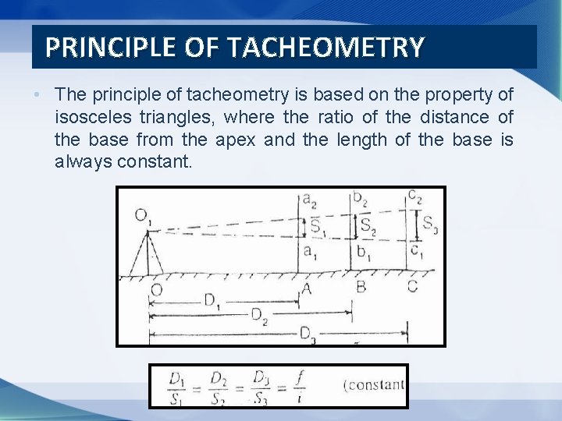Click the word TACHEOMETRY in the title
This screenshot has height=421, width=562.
[327, 48]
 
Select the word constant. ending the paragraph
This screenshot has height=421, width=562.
[154, 162]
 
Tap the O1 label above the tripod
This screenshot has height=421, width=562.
[143, 215]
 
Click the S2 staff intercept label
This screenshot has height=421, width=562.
[368, 226]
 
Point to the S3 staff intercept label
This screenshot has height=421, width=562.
[430, 224]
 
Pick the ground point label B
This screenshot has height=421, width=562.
[361, 287]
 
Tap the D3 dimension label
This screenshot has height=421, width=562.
[308, 333]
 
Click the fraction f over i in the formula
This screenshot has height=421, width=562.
[301, 386]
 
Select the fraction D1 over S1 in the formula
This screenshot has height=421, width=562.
[177, 386]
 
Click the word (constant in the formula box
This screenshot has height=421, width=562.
[374, 384]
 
